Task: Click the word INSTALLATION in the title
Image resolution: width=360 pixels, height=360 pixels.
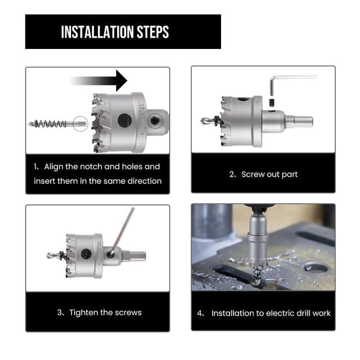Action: coord(97,32)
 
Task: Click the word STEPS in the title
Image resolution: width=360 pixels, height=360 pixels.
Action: coord(153,32)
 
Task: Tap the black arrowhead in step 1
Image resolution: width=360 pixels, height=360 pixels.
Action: coord(121,80)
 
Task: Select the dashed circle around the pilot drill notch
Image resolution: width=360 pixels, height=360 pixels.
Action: coord(80,124)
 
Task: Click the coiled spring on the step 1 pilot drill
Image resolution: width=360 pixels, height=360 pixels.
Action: coord(51,124)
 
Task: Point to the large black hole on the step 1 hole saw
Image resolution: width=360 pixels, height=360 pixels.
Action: coord(124,120)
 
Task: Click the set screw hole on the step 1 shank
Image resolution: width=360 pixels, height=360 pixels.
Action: coord(154,120)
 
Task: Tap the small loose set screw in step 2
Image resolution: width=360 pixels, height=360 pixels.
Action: coord(272,102)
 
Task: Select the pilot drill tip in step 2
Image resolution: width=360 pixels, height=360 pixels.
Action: coord(204,121)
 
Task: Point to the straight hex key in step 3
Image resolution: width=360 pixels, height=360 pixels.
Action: coord(123,231)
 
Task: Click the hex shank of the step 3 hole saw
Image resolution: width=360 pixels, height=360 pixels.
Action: coord(134,255)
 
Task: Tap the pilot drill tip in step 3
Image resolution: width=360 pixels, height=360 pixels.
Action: coord(49,255)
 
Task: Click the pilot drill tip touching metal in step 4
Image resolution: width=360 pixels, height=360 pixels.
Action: coord(256,281)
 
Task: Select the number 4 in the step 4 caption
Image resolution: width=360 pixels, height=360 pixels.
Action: coord(200,313)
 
